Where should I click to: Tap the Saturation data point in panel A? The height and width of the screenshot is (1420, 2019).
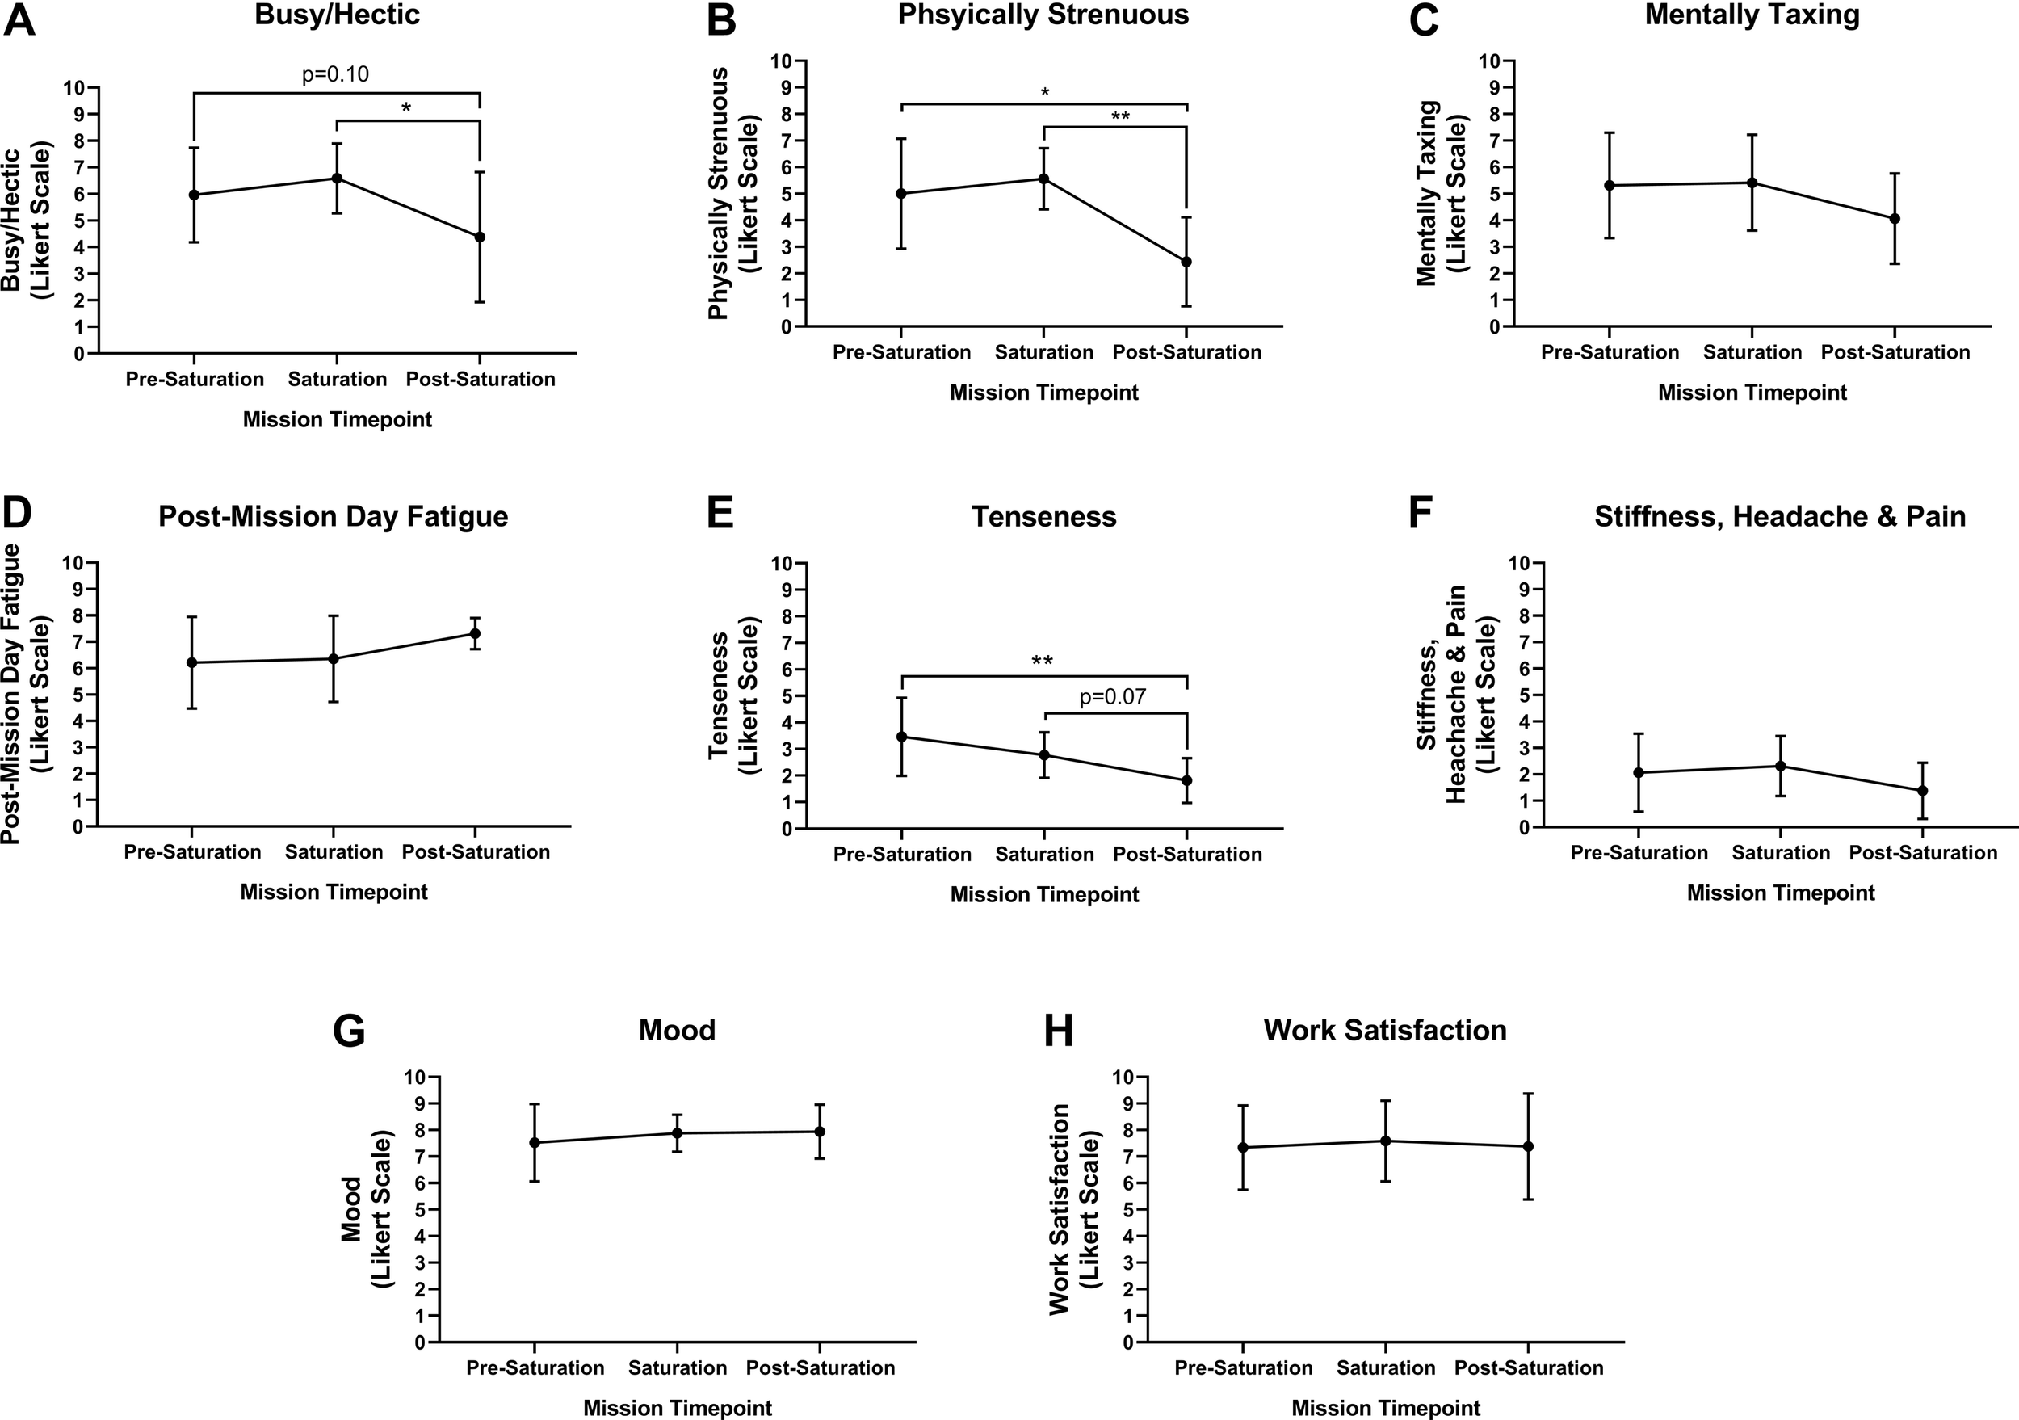(x=337, y=179)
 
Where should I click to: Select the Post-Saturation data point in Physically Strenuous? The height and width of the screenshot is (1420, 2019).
(x=1186, y=262)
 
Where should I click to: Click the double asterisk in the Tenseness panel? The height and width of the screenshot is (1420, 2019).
(x=1042, y=662)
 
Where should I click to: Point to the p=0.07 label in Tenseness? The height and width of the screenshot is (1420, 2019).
(x=1112, y=697)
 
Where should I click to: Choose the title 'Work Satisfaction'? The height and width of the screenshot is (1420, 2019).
(x=1385, y=1030)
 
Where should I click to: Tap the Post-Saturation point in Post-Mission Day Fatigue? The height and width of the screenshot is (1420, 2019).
(x=475, y=633)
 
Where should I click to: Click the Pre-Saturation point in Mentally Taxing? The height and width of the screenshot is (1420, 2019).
(x=1610, y=186)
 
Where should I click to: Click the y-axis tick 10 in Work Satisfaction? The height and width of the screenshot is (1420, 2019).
(x=1122, y=1077)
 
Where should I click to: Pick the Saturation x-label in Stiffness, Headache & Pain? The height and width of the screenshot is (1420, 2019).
(x=1781, y=853)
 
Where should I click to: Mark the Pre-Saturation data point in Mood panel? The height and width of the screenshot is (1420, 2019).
(x=535, y=1142)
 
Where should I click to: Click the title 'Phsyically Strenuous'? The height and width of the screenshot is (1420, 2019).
(x=1043, y=15)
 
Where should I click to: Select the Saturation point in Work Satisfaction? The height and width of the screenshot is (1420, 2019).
(x=1386, y=1141)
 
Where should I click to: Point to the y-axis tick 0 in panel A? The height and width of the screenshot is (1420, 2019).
(x=80, y=354)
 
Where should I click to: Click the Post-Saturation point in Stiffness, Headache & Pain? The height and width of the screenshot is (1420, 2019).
(x=1922, y=791)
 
